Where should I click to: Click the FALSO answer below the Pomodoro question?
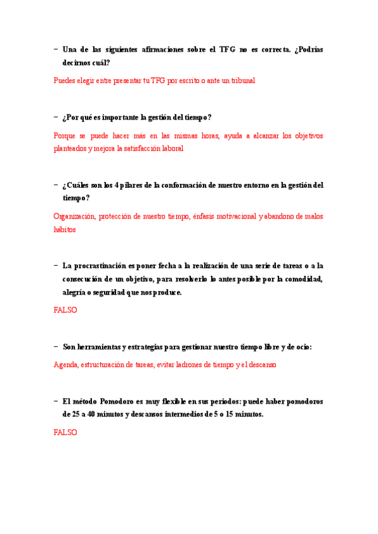point(66,433)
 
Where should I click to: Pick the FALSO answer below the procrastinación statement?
point(66,310)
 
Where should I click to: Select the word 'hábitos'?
point(65,230)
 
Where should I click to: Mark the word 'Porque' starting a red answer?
point(65,135)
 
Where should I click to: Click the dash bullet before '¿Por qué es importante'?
point(56,117)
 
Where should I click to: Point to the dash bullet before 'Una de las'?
point(56,49)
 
